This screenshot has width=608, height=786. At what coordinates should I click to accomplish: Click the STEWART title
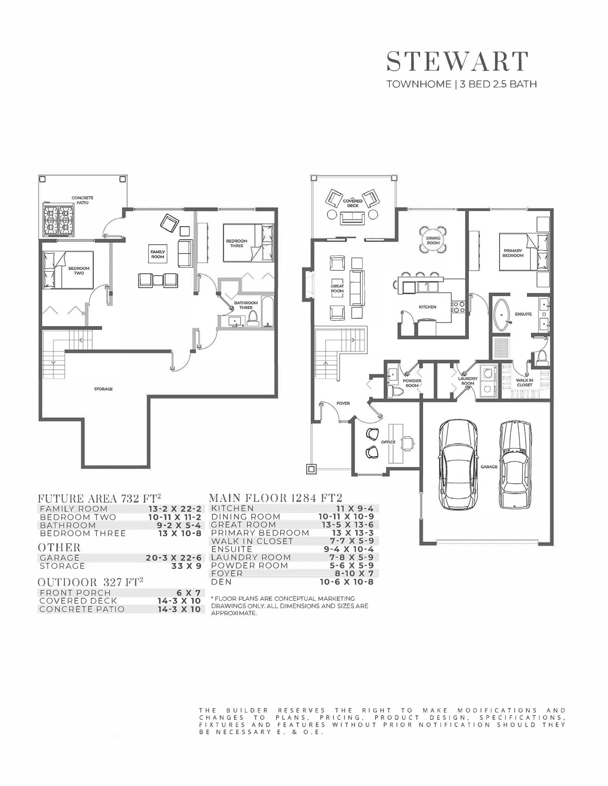(x=457, y=62)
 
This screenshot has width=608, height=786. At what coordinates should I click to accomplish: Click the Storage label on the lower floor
(x=103, y=389)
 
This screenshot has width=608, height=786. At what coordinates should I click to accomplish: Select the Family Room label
(x=158, y=254)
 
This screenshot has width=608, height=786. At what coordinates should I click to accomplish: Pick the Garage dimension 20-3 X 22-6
(x=173, y=558)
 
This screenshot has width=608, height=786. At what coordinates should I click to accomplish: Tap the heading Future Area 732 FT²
(x=99, y=498)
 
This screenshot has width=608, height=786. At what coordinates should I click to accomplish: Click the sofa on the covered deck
(x=352, y=218)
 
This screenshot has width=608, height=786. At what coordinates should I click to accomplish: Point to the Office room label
(x=388, y=442)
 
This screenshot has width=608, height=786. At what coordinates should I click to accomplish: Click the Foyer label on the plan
(x=343, y=403)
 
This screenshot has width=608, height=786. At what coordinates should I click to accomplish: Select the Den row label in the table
(x=221, y=582)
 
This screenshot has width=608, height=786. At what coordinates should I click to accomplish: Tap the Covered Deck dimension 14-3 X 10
(x=179, y=601)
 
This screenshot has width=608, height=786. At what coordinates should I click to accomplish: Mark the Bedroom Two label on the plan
(x=79, y=271)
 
